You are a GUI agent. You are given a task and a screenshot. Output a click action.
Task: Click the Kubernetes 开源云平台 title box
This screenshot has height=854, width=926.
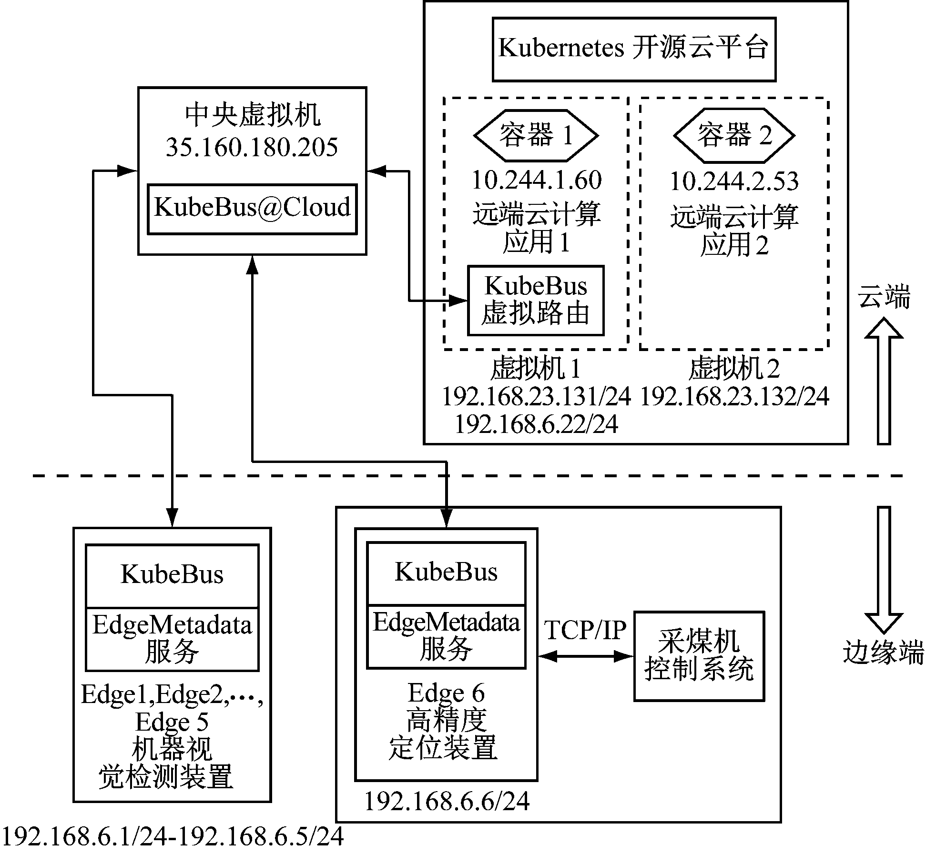(x=633, y=50)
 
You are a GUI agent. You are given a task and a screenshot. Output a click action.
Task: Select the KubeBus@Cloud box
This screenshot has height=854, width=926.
(x=252, y=209)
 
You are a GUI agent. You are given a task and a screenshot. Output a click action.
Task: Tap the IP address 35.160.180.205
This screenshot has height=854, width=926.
(x=252, y=147)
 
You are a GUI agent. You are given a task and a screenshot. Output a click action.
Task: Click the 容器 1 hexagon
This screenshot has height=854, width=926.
(x=536, y=135)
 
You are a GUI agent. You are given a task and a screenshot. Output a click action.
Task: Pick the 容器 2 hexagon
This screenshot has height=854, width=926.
(x=734, y=135)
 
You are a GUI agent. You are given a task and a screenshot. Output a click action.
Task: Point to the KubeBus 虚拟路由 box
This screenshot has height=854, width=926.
(x=536, y=300)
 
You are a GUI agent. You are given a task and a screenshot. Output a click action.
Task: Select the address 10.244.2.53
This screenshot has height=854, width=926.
(x=734, y=181)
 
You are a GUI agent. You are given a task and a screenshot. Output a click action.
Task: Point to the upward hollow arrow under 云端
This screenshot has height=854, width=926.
(x=884, y=381)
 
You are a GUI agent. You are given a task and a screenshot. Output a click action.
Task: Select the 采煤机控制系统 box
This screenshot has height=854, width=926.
(x=699, y=656)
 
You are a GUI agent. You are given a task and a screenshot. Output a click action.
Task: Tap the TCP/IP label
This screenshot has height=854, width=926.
(x=585, y=630)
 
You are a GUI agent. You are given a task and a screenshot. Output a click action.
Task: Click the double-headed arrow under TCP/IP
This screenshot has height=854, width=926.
(x=585, y=656)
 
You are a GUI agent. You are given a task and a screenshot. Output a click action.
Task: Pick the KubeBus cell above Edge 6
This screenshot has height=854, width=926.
(x=446, y=573)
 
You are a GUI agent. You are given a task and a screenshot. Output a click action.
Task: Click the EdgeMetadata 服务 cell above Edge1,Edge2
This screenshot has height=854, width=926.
(x=172, y=638)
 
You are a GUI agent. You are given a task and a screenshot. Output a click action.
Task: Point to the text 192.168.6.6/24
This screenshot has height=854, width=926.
(x=447, y=802)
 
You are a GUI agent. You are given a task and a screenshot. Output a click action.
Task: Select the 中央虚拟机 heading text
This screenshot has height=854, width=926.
(x=253, y=116)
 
